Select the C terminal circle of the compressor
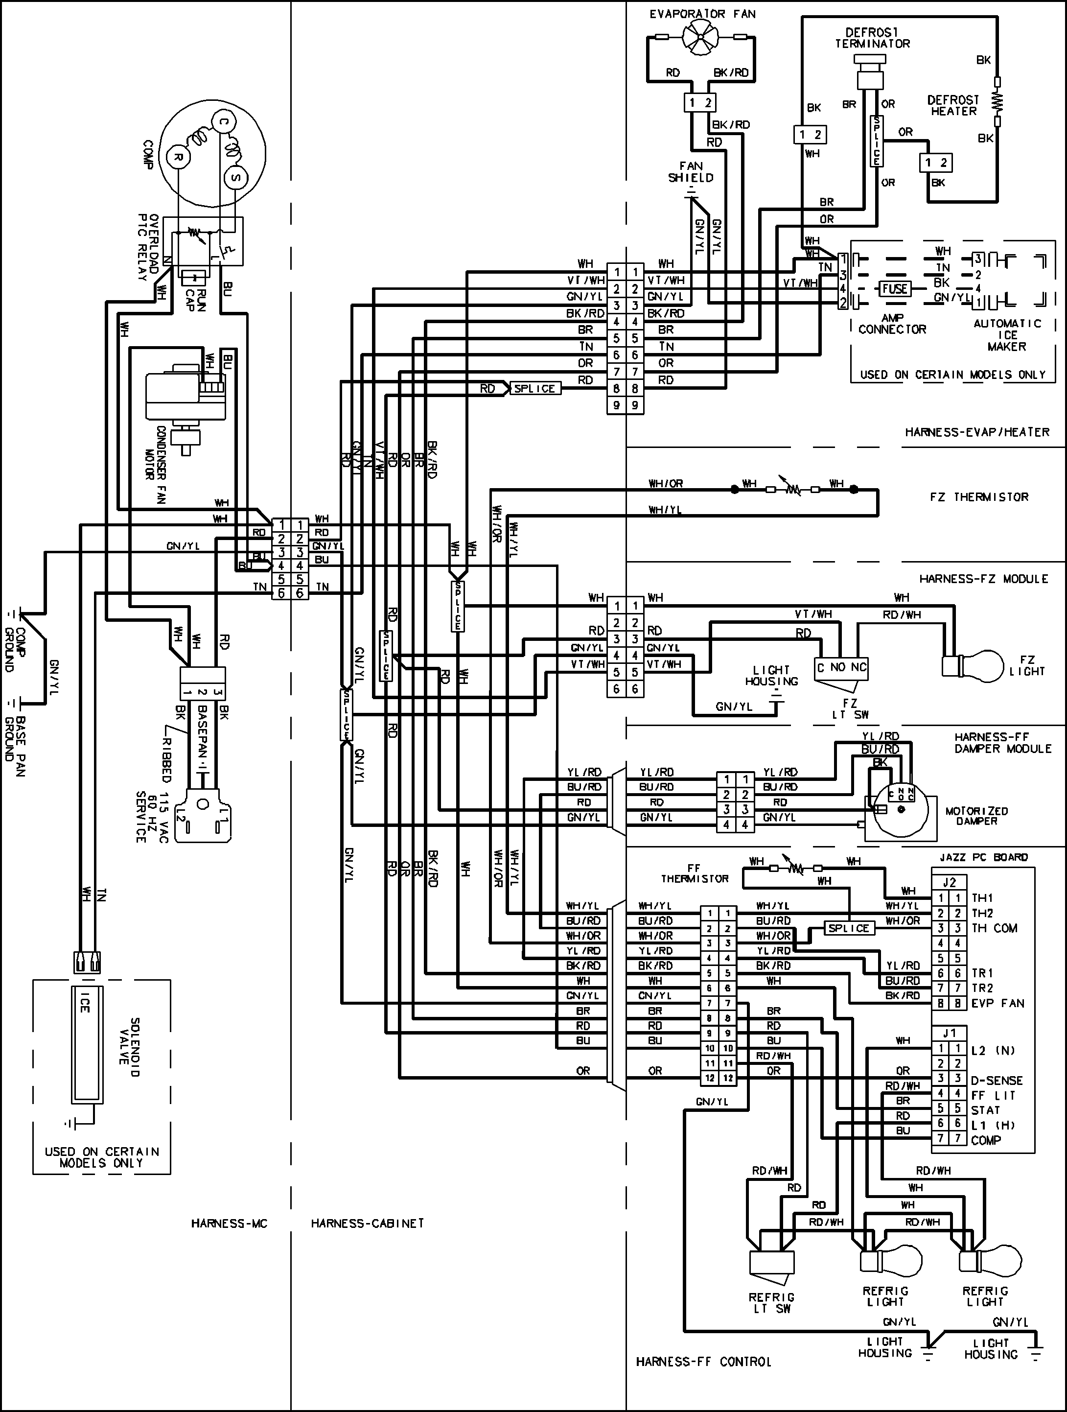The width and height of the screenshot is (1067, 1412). point(223,121)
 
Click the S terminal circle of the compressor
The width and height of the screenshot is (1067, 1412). point(235,177)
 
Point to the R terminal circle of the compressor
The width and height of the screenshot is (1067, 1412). point(179,157)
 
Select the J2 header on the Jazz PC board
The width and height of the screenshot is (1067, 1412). point(949,883)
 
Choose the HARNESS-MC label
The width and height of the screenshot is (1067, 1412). point(229,1223)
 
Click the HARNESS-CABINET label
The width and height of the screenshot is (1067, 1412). point(367,1223)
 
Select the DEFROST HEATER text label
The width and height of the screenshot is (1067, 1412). point(953,105)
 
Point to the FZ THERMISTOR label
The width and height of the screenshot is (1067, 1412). point(978,496)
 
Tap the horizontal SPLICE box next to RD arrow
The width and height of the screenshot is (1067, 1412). point(535,388)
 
